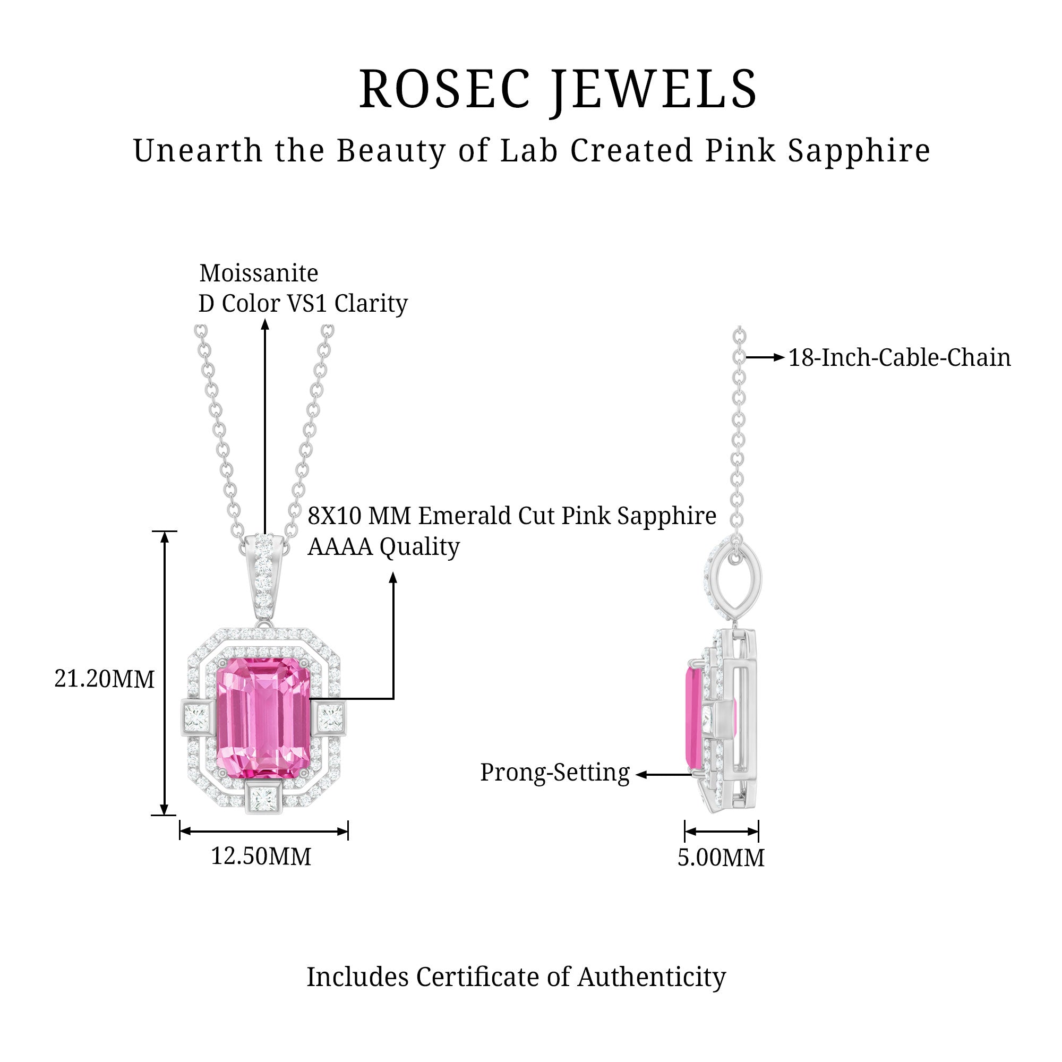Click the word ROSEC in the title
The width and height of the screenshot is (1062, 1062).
[444, 89]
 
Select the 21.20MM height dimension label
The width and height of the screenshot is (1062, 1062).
[105, 680]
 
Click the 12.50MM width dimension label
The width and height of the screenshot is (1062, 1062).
[261, 857]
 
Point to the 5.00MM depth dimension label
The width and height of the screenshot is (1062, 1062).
[721, 858]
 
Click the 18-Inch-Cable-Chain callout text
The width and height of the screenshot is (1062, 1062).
[900, 358]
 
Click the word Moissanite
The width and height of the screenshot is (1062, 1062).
[259, 273]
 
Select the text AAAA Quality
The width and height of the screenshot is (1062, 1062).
[384, 547]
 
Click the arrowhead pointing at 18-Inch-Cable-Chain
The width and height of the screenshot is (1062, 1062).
[779, 358]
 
